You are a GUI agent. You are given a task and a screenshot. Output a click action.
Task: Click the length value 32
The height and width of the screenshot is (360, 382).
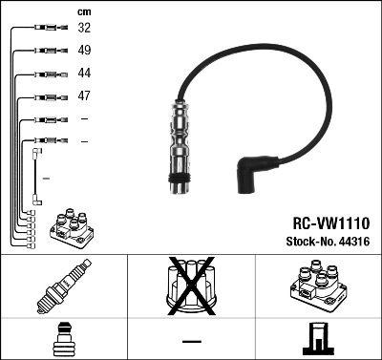(x=85, y=29)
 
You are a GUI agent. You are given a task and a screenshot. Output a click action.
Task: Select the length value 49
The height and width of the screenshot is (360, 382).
(x=85, y=51)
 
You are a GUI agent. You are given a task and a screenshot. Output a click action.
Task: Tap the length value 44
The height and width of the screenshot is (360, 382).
(x=85, y=74)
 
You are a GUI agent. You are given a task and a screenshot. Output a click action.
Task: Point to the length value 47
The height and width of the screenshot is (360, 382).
(x=85, y=96)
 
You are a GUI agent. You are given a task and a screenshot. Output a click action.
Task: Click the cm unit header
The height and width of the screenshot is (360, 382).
(x=84, y=11)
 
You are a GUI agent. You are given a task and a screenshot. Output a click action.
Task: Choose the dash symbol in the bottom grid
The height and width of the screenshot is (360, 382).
(x=192, y=340)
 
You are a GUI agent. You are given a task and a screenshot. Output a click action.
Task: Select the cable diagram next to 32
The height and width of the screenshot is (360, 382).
(x=47, y=29)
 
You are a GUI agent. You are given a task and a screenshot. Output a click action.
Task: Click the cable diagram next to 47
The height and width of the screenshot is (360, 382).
(x=47, y=96)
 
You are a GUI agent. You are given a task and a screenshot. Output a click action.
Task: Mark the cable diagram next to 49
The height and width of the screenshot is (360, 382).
(x=47, y=51)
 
